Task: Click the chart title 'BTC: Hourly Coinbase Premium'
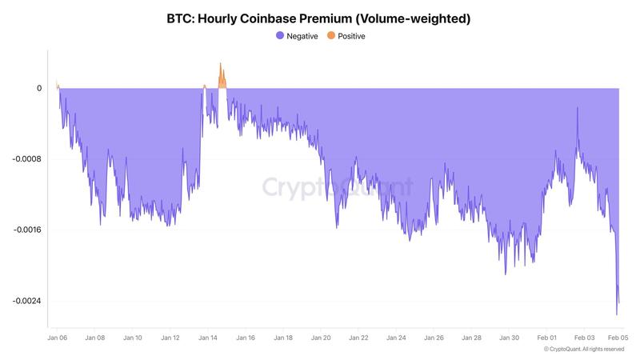click(318, 18)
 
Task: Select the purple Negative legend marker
click(279, 36)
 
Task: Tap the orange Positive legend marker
click(331, 36)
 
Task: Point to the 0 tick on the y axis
click(38, 88)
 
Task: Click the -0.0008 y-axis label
click(27, 159)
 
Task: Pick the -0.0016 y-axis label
click(27, 230)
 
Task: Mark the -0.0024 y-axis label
click(27, 302)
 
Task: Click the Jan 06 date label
click(57, 338)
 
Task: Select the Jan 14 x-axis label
click(208, 338)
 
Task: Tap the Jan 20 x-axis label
click(321, 338)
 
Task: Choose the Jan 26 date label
click(434, 338)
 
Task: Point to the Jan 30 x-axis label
click(510, 338)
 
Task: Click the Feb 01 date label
click(547, 338)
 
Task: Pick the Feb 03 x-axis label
click(585, 338)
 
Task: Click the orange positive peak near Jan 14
click(222, 66)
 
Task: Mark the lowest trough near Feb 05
click(617, 314)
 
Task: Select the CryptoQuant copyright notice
click(583, 349)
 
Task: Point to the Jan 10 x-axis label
click(133, 338)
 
